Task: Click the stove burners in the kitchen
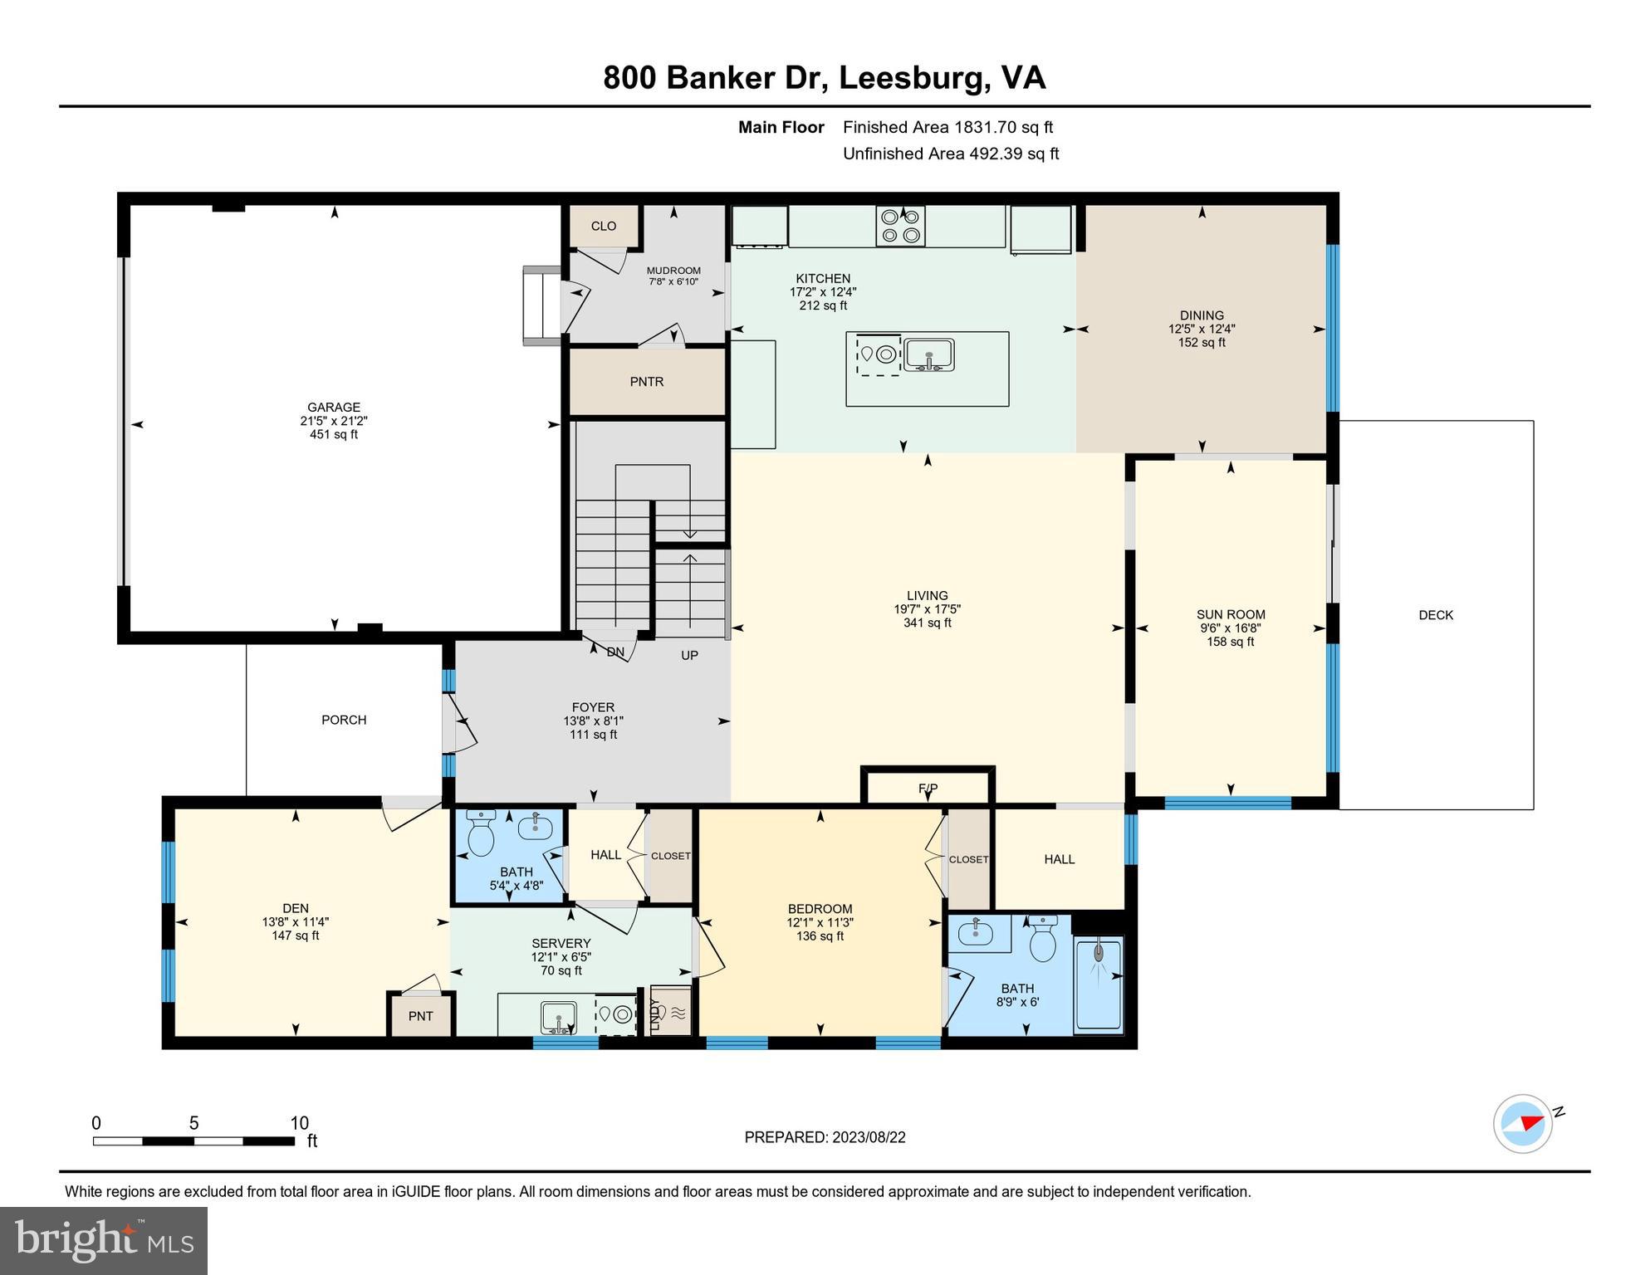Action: tap(900, 226)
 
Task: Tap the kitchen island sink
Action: tap(929, 355)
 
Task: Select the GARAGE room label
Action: tap(334, 408)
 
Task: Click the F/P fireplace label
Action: tap(928, 788)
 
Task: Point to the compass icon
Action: tap(1523, 1124)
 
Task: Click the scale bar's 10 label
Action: tap(299, 1123)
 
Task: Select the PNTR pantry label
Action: tap(647, 382)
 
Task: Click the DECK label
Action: tap(1436, 615)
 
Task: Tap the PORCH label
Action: tap(344, 720)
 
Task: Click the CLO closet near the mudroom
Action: tap(604, 226)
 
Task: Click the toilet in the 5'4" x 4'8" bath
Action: tap(481, 834)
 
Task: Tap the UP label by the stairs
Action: tap(689, 655)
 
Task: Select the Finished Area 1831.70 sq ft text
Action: tap(947, 127)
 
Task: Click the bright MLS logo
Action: tap(104, 1240)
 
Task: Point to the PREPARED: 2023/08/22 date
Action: tap(825, 1137)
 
